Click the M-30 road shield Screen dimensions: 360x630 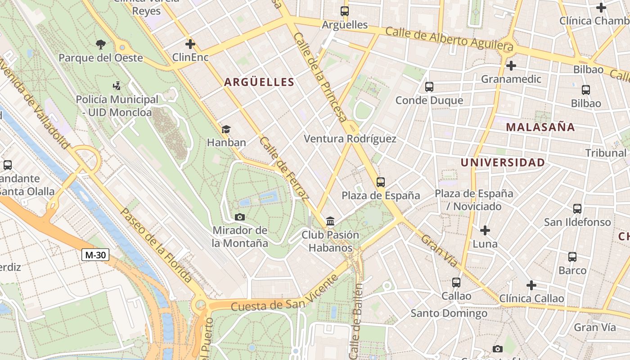click(x=95, y=255)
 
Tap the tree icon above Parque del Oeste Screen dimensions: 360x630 click(x=101, y=44)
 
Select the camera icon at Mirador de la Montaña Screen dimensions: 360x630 click(x=240, y=217)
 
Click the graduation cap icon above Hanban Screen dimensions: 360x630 click(x=226, y=129)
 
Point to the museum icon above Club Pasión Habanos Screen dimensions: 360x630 click(x=330, y=221)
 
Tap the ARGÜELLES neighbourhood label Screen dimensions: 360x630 click(x=259, y=82)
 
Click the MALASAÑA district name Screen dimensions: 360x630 click(x=540, y=127)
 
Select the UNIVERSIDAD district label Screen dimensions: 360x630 click(x=503, y=162)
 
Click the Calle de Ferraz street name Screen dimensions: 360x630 click(x=284, y=168)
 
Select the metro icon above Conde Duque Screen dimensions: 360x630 click(x=429, y=86)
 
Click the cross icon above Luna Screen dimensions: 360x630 click(x=485, y=230)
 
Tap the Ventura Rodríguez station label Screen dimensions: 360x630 click(x=350, y=139)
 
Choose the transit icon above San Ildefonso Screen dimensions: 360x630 click(x=577, y=208)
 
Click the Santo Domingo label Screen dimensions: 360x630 click(x=449, y=313)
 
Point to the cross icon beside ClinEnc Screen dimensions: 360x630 click(x=190, y=44)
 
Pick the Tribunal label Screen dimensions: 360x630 click(x=606, y=153)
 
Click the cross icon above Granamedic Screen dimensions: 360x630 click(x=511, y=66)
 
